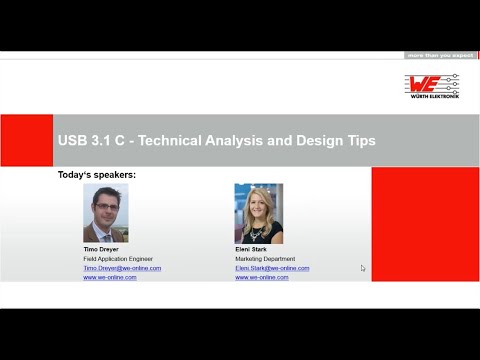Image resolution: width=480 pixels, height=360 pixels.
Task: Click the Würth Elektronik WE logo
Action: (x=432, y=85)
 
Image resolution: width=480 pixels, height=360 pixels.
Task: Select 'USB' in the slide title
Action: (x=73, y=141)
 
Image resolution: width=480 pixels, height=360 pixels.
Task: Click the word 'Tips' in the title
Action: (x=360, y=141)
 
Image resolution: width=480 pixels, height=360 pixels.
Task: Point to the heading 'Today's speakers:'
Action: (x=96, y=175)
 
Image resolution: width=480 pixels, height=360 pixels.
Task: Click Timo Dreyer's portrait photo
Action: (x=105, y=213)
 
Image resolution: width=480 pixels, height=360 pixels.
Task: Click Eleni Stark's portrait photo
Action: (x=258, y=213)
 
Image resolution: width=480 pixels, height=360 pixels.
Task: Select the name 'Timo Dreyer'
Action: (x=102, y=250)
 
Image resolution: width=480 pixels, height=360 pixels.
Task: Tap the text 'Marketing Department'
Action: (x=265, y=259)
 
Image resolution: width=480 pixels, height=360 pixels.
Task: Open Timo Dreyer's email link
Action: (x=121, y=268)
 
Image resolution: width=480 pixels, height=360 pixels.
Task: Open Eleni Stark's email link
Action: (x=272, y=268)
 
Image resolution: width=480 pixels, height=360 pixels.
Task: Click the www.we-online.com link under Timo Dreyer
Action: (x=109, y=277)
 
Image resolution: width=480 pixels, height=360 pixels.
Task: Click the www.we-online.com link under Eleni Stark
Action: (x=261, y=277)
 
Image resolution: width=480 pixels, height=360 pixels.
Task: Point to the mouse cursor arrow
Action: (x=363, y=267)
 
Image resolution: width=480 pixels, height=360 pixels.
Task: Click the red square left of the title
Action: (x=26, y=141)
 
